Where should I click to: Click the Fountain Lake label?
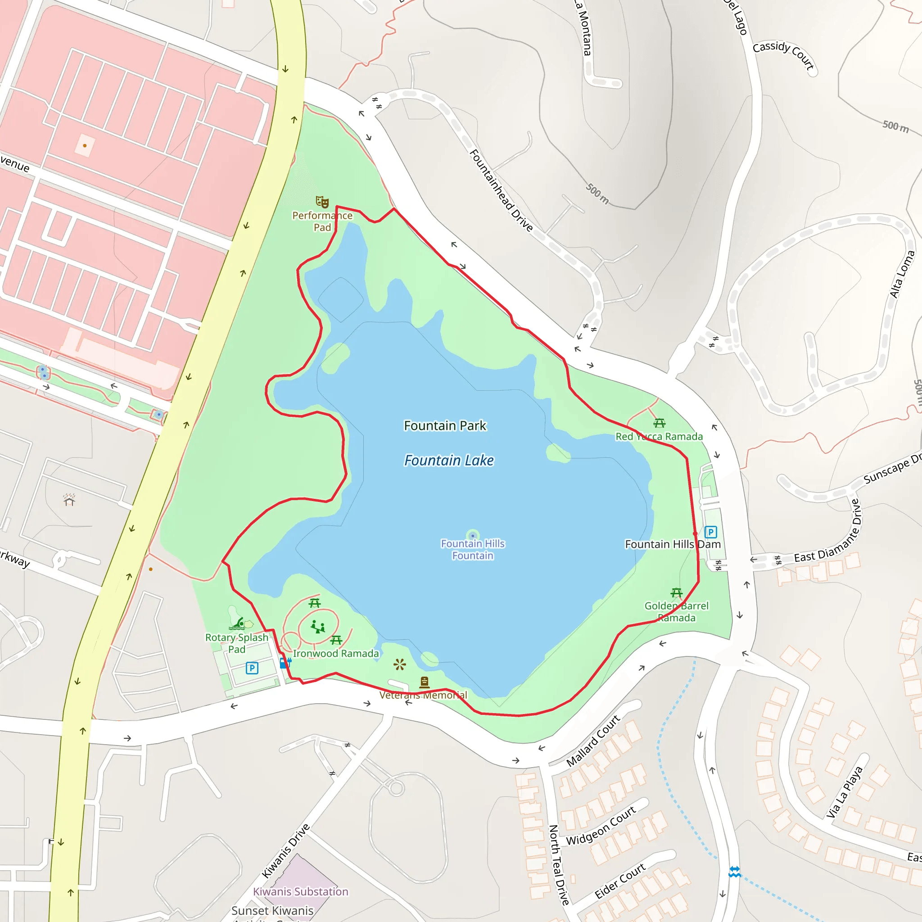(448, 461)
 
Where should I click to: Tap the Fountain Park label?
(445, 426)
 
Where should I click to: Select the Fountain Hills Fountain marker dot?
(472, 536)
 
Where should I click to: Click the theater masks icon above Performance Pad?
(322, 202)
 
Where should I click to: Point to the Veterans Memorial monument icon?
(424, 682)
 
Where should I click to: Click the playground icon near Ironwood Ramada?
(318, 626)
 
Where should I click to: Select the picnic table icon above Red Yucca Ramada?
(660, 423)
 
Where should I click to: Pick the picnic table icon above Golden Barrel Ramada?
(676, 593)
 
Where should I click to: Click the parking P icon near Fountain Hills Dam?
(710, 532)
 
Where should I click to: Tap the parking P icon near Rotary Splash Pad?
(252, 668)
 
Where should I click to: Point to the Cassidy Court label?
(783, 55)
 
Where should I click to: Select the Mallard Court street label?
(593, 741)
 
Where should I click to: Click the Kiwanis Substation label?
(301, 891)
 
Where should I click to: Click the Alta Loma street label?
(902, 275)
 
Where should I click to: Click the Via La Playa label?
(845, 792)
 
